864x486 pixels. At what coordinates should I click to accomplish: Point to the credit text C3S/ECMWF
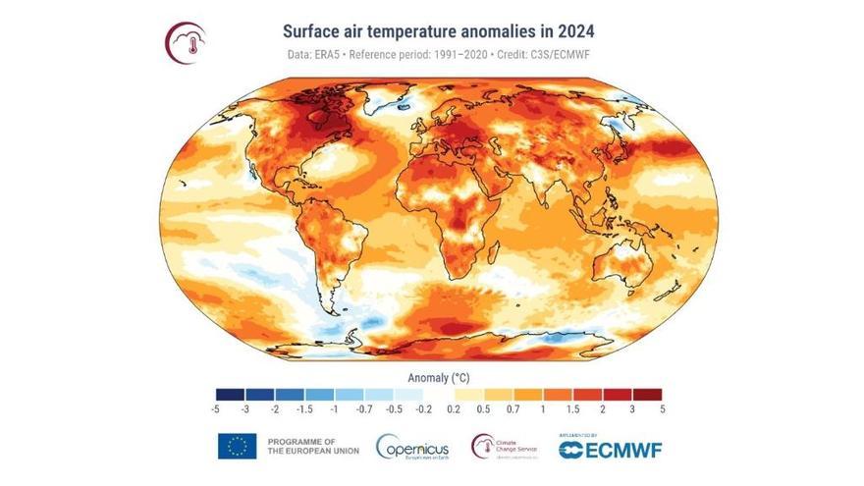[x=624, y=56]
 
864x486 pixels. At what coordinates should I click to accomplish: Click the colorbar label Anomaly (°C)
[x=439, y=376]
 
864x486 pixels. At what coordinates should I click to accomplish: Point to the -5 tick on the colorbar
[x=215, y=408]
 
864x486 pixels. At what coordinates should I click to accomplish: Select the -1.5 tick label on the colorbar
[x=304, y=408]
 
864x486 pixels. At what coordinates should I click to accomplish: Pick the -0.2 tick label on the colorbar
[x=424, y=408]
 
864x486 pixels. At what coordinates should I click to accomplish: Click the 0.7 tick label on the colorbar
[x=513, y=408]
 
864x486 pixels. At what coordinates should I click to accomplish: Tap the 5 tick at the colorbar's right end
[x=663, y=408]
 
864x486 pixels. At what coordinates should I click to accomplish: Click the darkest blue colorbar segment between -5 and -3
[x=231, y=393]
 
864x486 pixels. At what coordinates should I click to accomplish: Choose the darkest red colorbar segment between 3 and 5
[x=648, y=393]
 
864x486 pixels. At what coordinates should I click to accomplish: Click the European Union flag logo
[x=237, y=446]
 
